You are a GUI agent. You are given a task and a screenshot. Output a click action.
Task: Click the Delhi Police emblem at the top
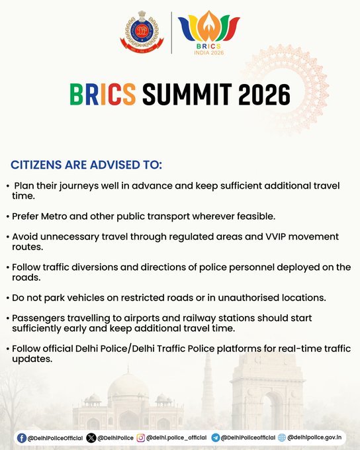pyautogui.click(x=142, y=32)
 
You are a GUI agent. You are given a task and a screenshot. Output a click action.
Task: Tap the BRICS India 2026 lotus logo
pyautogui.click(x=208, y=32)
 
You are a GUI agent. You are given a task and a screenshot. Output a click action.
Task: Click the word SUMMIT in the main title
pyautogui.click(x=187, y=94)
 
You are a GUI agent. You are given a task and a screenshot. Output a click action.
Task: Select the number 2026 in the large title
pyautogui.click(x=264, y=94)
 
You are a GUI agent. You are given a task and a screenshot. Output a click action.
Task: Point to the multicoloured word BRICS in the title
pyautogui.click(x=103, y=94)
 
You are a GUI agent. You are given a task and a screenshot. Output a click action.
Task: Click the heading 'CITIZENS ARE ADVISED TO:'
pyautogui.click(x=87, y=165)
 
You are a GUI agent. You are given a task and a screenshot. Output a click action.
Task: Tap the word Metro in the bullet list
pyautogui.click(x=54, y=216)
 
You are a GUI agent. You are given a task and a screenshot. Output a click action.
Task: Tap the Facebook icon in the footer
pyautogui.click(x=22, y=438)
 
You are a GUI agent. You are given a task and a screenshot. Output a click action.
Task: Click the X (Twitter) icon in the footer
pyautogui.click(x=91, y=438)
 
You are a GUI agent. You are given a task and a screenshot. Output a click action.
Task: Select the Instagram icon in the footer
pyautogui.click(x=141, y=438)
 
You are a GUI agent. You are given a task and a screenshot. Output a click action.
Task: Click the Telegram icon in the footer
pyautogui.click(x=215, y=438)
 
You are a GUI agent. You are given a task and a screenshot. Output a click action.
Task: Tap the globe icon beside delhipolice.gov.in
pyautogui.click(x=282, y=437)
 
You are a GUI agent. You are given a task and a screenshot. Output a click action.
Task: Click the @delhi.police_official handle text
pyautogui.click(x=176, y=437)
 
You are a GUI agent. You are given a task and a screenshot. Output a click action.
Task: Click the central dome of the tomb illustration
pyautogui.click(x=128, y=386)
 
